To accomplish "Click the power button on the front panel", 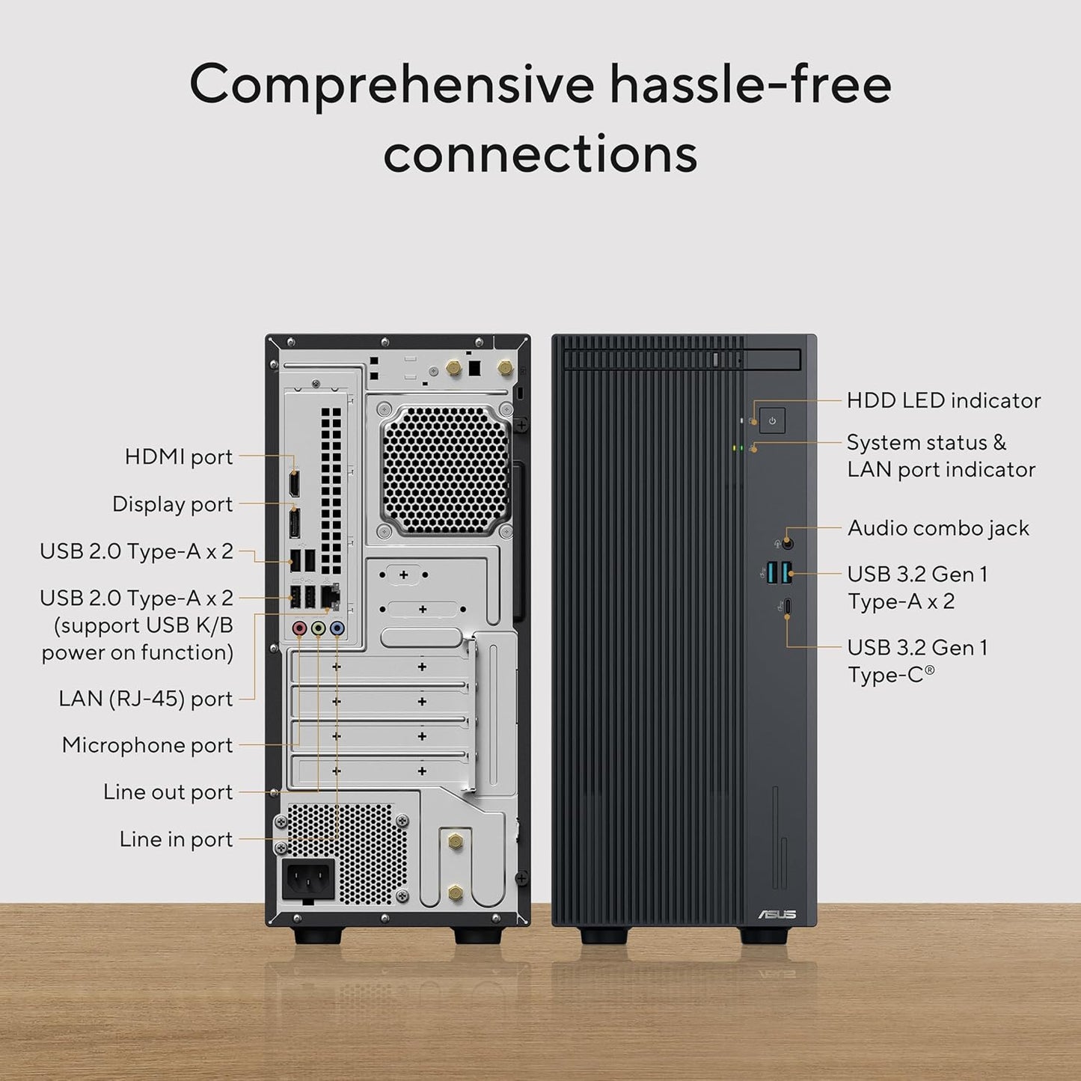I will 772,420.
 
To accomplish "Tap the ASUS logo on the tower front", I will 778,914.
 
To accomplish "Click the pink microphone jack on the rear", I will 300,629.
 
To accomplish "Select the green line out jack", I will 319,629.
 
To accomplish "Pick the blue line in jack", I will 337,629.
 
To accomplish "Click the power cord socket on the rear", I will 307,879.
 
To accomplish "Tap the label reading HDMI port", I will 179,456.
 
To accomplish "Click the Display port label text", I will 173,504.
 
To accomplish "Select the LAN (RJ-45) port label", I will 146,699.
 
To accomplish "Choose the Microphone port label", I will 147,745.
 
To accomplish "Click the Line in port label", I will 176,839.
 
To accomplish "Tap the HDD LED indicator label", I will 943,400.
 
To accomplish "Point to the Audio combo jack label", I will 938,528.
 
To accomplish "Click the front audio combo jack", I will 787,544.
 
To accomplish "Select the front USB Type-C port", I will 788,606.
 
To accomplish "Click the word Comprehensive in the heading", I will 391,84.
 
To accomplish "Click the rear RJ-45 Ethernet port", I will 330,596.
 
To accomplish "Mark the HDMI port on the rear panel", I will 294,483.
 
